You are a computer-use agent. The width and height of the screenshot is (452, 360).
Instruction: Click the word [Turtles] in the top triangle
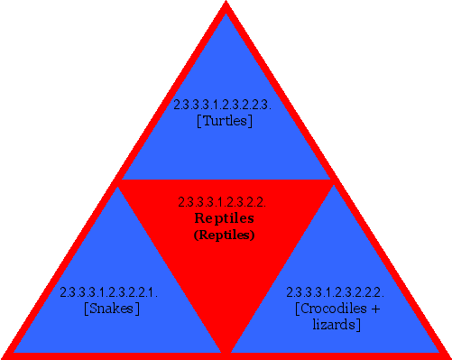(x=224, y=120)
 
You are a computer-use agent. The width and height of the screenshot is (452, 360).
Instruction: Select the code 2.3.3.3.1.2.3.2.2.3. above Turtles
(x=224, y=105)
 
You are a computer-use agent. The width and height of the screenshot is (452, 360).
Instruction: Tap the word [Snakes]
(x=110, y=309)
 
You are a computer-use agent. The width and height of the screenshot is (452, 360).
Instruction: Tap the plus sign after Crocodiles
(x=374, y=309)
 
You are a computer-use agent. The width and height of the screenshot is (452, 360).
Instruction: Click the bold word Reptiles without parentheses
(x=225, y=218)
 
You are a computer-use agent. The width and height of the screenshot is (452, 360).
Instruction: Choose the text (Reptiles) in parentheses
(x=225, y=235)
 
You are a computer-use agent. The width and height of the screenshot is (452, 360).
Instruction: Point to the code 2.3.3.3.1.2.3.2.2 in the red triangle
(x=221, y=202)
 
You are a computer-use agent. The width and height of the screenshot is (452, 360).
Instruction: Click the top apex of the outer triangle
(x=226, y=5)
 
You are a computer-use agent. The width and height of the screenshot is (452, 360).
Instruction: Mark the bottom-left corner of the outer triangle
(x=5, y=355)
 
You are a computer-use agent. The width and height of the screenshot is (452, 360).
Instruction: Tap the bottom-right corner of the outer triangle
(x=447, y=355)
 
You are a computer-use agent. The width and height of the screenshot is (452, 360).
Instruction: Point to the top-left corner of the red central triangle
(x=120, y=181)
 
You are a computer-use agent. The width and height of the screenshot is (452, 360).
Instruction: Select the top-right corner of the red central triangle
(x=332, y=181)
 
